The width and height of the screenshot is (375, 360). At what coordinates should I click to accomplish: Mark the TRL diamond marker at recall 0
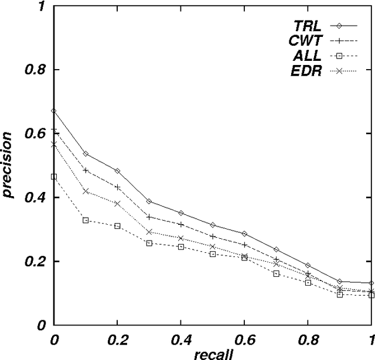(54, 111)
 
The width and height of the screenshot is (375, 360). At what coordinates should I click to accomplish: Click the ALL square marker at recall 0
(54, 177)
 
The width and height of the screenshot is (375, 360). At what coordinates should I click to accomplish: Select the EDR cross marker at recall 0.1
(86, 191)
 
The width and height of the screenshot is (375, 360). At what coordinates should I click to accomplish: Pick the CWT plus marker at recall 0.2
(117, 187)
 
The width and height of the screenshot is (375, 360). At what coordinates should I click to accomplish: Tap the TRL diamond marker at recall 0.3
(149, 201)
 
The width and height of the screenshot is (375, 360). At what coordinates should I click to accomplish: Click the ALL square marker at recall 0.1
(86, 220)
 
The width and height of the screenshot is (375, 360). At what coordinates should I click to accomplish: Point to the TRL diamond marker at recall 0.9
(339, 282)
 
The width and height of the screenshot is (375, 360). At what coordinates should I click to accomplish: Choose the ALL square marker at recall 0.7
(276, 273)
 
